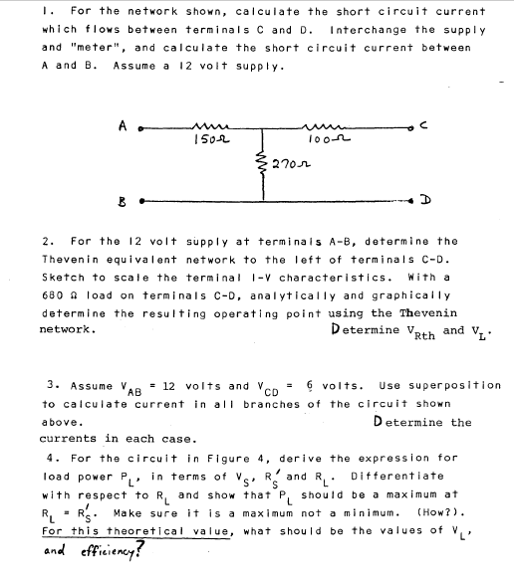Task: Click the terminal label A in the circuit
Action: tap(124, 124)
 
